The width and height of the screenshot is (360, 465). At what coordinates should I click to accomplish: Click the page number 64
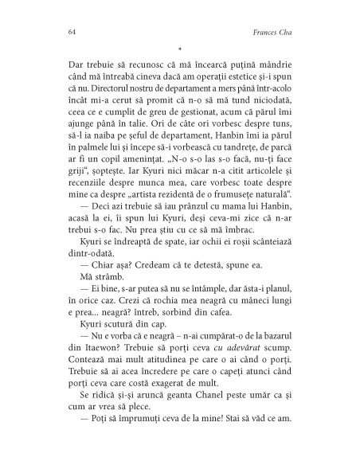[63, 33]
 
